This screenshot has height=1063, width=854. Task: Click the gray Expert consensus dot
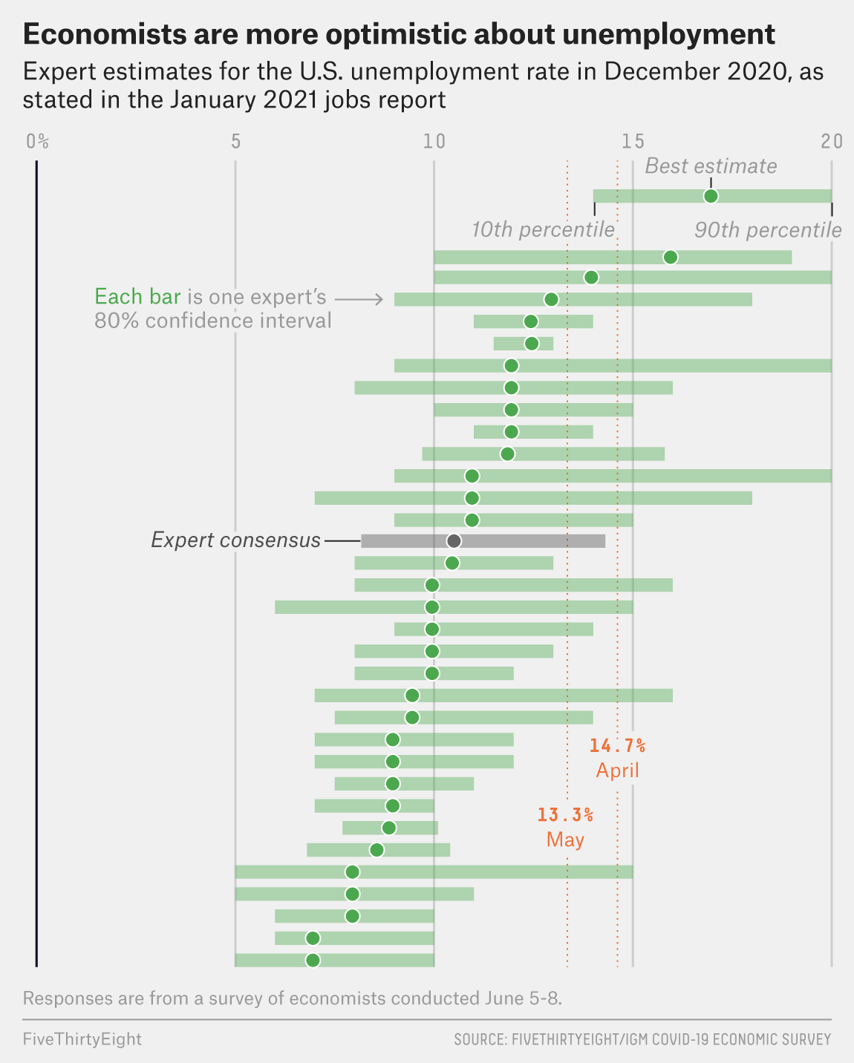454,540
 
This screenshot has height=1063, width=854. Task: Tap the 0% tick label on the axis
37,141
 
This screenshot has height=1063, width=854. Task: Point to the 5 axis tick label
235,141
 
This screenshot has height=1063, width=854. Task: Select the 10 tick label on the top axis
434,141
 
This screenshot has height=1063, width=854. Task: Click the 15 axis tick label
633,141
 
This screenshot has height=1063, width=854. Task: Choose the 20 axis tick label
832,141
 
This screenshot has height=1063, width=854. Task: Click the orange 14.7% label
617,745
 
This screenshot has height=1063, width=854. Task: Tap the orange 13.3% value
565,815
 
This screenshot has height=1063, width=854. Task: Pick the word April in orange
617,771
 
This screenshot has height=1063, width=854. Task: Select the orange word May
565,840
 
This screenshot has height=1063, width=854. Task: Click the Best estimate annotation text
711,166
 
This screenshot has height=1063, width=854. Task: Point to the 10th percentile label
543,230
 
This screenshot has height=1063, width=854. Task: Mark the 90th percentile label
768,230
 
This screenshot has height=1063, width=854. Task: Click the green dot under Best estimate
711,196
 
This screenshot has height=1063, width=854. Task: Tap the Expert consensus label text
235,540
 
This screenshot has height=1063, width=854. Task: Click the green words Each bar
137,297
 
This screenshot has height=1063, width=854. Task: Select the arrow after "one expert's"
359,299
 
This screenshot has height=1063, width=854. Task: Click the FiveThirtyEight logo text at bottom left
82,1039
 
